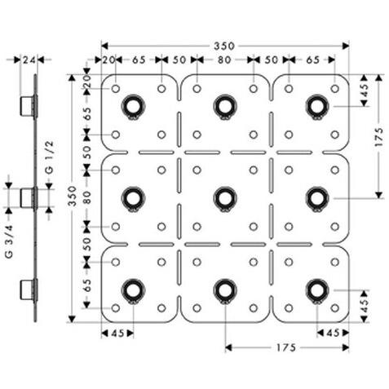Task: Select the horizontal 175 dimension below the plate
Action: point(286,347)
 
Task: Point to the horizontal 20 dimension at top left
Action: point(108,60)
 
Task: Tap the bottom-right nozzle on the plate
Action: point(316,289)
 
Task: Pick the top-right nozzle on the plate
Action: point(316,105)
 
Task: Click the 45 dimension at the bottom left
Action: point(117,333)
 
